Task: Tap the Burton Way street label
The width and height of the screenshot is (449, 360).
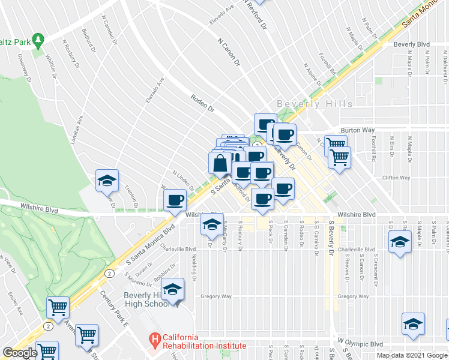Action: pos(357,130)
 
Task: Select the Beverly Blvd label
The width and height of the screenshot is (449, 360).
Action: pos(412,44)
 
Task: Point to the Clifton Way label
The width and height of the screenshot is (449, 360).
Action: pos(396,178)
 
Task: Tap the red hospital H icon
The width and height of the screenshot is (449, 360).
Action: pos(155,341)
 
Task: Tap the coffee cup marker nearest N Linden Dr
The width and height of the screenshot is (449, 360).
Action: pos(175,199)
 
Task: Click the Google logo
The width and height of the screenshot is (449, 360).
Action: pos(20,353)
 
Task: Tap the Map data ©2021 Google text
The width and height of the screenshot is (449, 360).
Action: pos(412,355)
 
